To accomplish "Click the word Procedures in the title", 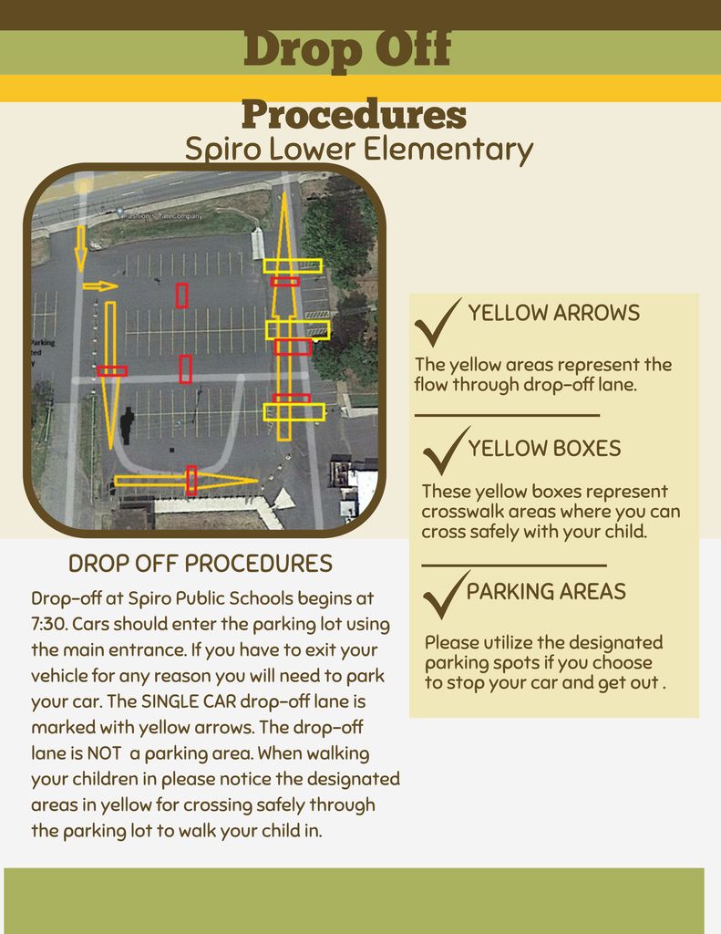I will click(354, 116).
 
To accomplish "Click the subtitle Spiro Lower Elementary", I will click(358, 150).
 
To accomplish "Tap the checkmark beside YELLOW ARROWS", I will click(437, 322).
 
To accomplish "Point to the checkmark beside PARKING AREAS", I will click(445, 595).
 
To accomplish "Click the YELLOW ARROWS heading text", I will click(553, 314).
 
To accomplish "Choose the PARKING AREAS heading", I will click(546, 592).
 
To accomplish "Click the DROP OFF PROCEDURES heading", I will click(201, 564).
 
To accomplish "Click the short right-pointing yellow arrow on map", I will click(100, 286).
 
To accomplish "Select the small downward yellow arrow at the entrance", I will click(80, 248).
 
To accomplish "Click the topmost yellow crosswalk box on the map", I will click(293, 265).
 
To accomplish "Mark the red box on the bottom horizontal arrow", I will click(191, 480).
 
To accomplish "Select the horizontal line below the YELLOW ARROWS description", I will click(507, 415).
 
